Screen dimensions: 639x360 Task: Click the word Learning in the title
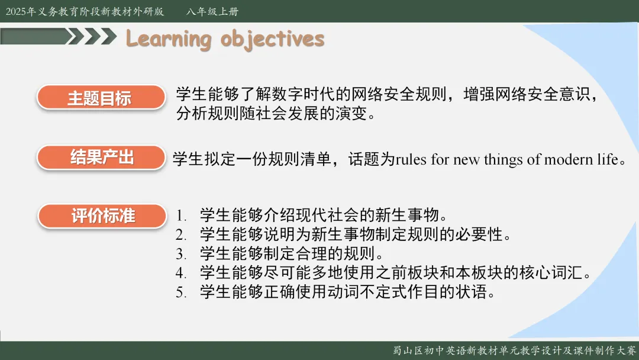pos(168,40)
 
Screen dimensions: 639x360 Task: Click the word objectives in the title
pos(272,40)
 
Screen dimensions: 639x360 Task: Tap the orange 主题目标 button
pos(101,98)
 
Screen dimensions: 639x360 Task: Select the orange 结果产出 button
pos(101,157)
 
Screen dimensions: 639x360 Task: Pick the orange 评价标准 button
pos(102,216)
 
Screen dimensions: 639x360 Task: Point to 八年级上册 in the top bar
pos(212,11)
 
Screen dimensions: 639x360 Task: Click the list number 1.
pos(181,216)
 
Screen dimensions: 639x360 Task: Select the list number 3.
pos(181,254)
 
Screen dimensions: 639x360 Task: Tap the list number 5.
pos(181,292)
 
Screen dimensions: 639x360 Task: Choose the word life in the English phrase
pos(608,159)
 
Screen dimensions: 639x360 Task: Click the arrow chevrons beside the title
pos(92,36)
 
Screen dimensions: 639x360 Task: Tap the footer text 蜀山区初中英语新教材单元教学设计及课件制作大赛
pos(514,351)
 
